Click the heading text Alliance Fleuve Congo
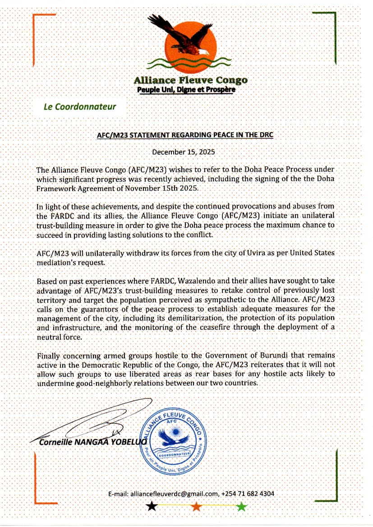(190, 80)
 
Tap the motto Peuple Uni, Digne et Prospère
(186, 90)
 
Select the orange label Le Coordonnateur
(80, 107)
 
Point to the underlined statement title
(185, 135)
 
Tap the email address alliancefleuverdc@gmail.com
(174, 494)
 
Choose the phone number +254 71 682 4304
(248, 494)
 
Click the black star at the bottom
(152, 507)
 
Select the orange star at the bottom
(196, 507)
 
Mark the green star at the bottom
(242, 507)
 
